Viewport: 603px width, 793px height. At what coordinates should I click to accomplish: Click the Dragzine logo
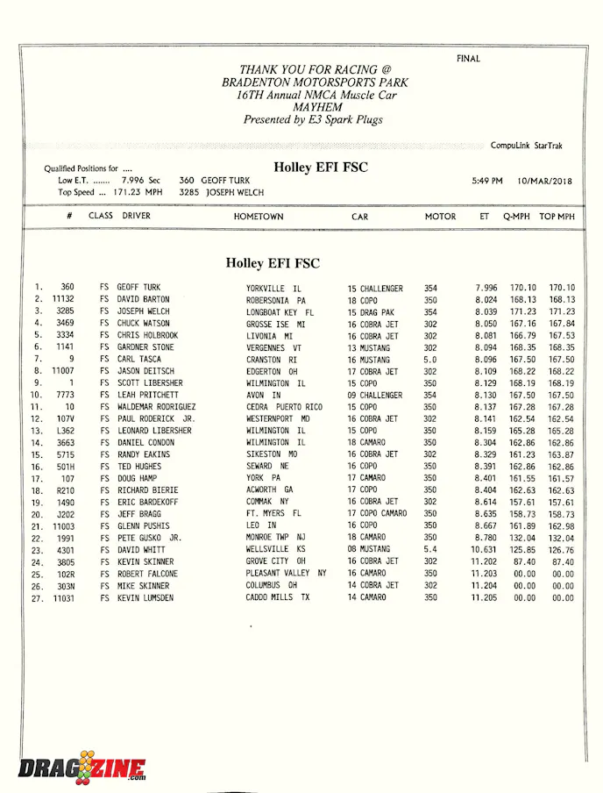[x=82, y=768]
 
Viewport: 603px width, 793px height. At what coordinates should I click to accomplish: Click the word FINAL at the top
[x=468, y=59]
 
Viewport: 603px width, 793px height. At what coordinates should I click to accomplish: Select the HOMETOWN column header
[x=259, y=217]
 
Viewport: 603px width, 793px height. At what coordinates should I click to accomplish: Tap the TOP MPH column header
[x=557, y=217]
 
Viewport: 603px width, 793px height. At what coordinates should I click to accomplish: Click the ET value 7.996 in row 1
[x=486, y=288]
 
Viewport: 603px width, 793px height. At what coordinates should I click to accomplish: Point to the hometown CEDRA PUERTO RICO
[x=284, y=407]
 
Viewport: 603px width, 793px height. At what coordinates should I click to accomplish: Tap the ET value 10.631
[x=484, y=550]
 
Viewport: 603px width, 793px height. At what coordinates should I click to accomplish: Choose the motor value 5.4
[x=430, y=550]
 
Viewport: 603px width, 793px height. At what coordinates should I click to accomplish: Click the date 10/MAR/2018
[x=544, y=182]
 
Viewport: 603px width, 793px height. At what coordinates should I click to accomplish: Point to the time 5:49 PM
[x=487, y=182]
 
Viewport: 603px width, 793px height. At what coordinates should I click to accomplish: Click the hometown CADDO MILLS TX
[x=278, y=597]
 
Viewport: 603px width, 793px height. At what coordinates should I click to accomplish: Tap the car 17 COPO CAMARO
[x=377, y=514]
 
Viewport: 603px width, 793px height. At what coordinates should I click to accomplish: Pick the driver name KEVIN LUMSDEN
[x=145, y=597]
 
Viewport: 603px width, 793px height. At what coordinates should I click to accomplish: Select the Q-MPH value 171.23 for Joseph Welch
[x=523, y=311]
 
